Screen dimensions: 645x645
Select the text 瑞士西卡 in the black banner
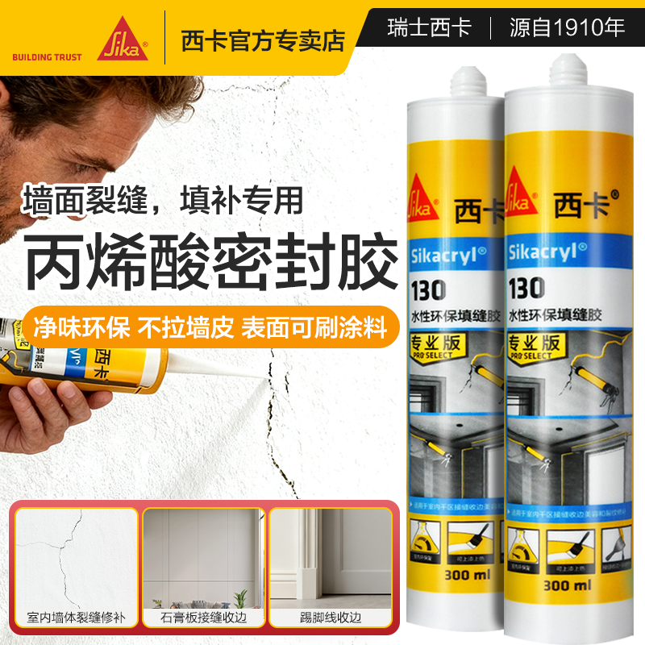point(429,28)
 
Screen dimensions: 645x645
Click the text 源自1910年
point(567,28)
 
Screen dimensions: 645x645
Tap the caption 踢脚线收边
point(329,617)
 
